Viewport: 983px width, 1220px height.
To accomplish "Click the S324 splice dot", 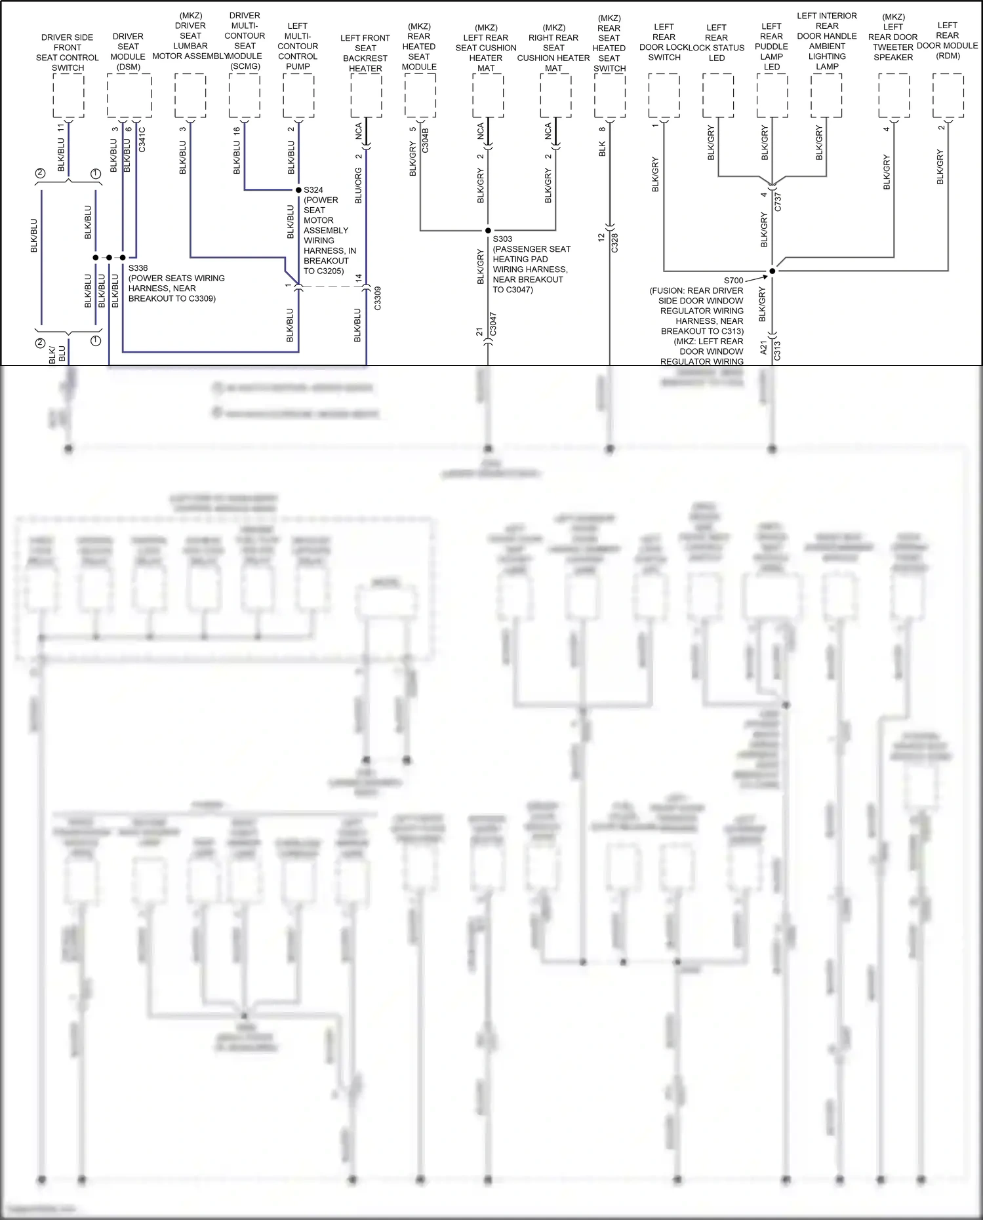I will pyautogui.click(x=298, y=190).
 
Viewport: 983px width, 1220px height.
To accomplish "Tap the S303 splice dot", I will pyautogui.click(x=488, y=231).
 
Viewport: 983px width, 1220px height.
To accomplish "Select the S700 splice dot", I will pyautogui.click(x=772, y=271).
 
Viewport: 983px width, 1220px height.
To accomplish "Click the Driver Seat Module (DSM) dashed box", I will pyautogui.click(x=129, y=96).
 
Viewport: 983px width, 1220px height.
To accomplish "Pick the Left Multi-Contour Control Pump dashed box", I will pyautogui.click(x=298, y=96).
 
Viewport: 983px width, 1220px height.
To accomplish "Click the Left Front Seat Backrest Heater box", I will pyautogui.click(x=366, y=96).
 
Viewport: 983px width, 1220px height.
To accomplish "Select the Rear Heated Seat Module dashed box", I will pyautogui.click(x=420, y=96).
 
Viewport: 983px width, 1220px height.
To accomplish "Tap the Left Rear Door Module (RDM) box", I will pyautogui.click(x=948, y=96).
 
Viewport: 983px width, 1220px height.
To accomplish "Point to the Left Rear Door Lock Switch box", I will pyautogui.click(x=664, y=96).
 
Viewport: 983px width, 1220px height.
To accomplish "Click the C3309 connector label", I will pyautogui.click(x=378, y=298).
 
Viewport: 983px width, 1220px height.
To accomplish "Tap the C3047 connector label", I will pyautogui.click(x=493, y=324).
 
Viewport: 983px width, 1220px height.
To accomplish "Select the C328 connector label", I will pyautogui.click(x=615, y=243).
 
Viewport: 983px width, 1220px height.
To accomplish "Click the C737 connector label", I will pyautogui.click(x=778, y=201).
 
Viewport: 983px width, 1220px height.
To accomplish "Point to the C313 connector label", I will pyautogui.click(x=778, y=351).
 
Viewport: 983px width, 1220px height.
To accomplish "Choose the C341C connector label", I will pyautogui.click(x=142, y=140).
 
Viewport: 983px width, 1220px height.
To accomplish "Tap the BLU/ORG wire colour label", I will pyautogui.click(x=359, y=186).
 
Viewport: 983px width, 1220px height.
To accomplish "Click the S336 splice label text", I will pyautogui.click(x=138, y=268).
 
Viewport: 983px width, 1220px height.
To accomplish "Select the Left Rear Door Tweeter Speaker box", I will pyautogui.click(x=894, y=96).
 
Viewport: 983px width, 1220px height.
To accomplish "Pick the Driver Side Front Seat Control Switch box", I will pyautogui.click(x=68, y=96).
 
